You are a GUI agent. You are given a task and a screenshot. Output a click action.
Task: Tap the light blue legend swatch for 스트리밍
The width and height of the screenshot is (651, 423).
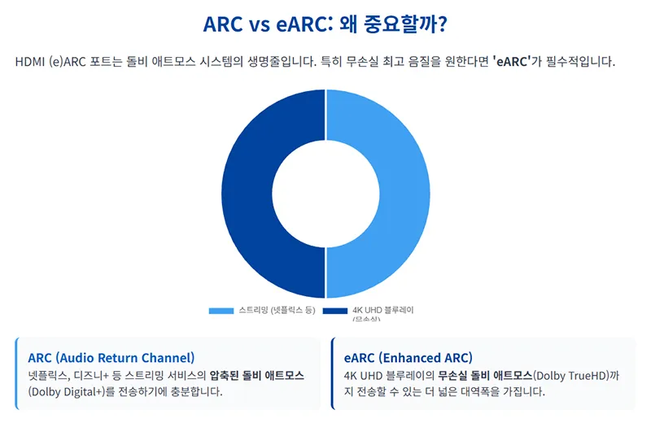tap(221, 311)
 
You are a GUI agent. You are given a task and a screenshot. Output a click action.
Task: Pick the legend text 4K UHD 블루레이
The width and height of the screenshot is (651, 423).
tap(383, 311)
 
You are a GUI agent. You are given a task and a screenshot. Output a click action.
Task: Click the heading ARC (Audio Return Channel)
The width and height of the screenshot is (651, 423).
tap(111, 358)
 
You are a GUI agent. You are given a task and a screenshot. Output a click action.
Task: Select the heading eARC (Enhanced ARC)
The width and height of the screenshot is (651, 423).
tap(408, 358)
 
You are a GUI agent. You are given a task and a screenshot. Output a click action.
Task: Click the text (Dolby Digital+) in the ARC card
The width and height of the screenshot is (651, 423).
tap(66, 391)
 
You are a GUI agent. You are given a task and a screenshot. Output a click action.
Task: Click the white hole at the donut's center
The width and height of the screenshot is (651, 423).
tap(325, 194)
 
